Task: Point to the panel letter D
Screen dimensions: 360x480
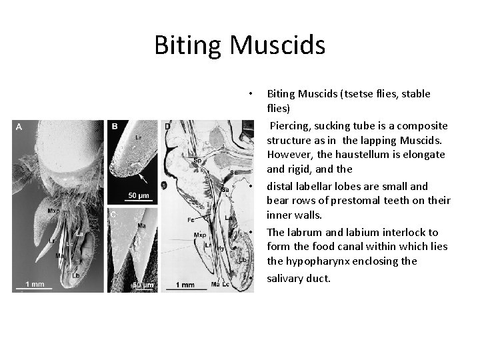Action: pyautogui.click(x=167, y=127)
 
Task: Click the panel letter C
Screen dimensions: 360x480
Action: pyautogui.click(x=113, y=215)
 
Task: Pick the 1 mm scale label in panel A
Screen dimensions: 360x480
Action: pyautogui.click(x=35, y=285)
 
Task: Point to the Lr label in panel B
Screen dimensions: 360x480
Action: pyautogui.click(x=138, y=137)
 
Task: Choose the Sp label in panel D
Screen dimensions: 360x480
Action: pyautogui.click(x=198, y=161)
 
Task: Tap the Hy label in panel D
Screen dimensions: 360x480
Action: pyautogui.click(x=221, y=249)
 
